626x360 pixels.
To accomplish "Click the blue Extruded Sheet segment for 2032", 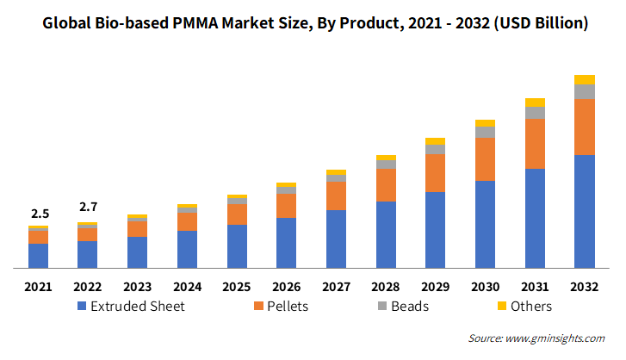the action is (x=585, y=212).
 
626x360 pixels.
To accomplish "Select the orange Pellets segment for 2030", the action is (x=485, y=159).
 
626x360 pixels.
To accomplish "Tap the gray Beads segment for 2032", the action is (x=585, y=92).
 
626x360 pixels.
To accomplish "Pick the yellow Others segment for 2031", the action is (x=535, y=102).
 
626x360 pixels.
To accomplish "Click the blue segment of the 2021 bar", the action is (x=39, y=256).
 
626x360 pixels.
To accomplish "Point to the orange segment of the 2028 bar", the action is (x=386, y=185).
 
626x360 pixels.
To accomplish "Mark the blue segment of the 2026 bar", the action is (x=286, y=243).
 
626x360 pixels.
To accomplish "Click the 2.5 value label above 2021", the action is (x=40, y=214).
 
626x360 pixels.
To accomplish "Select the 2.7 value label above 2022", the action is (x=88, y=208).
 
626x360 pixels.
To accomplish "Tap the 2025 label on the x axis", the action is (x=236, y=287).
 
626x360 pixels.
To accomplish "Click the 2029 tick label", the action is (x=435, y=287).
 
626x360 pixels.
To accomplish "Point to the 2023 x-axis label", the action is (x=137, y=287).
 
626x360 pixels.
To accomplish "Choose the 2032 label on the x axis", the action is (x=585, y=287).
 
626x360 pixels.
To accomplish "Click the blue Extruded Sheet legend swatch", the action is (x=82, y=306).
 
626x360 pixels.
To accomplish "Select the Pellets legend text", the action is (x=288, y=307).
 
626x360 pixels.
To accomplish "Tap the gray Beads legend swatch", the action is (x=382, y=306).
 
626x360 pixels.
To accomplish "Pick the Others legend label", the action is (x=531, y=307).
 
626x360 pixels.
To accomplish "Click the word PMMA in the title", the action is (x=195, y=23).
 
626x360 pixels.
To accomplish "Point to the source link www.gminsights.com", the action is (x=555, y=338).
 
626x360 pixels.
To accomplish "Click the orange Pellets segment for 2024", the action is (x=187, y=221).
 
